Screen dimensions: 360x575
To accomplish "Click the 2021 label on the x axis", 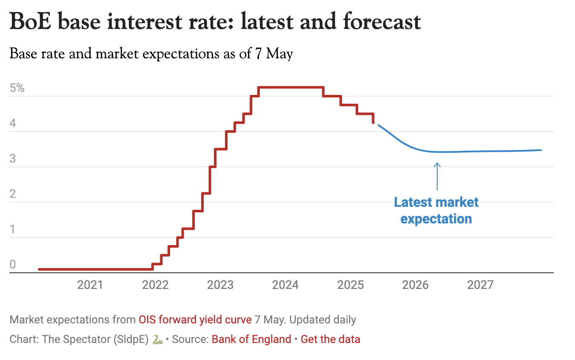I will [90, 285].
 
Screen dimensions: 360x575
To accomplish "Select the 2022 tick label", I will [155, 285].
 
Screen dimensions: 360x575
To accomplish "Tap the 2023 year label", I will [220, 285].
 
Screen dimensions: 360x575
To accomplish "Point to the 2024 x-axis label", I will [285, 285].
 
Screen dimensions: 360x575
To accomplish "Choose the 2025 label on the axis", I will [350, 285].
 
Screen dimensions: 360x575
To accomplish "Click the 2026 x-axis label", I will [416, 285].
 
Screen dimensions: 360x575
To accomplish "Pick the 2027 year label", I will [481, 285].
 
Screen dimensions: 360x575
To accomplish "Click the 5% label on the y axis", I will [17, 89].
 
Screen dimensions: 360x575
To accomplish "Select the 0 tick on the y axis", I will [13, 265].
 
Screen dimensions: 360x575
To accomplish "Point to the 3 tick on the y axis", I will [13, 159].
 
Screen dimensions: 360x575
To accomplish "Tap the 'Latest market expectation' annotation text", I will [436, 210].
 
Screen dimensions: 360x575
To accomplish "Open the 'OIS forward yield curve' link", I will [195, 320].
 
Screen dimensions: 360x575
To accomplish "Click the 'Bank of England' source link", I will [251, 339].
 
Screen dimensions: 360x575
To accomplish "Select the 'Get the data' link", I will [330, 339].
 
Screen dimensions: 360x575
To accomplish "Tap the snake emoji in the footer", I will [157, 339].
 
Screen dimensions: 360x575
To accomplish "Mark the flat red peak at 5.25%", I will [291, 87].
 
